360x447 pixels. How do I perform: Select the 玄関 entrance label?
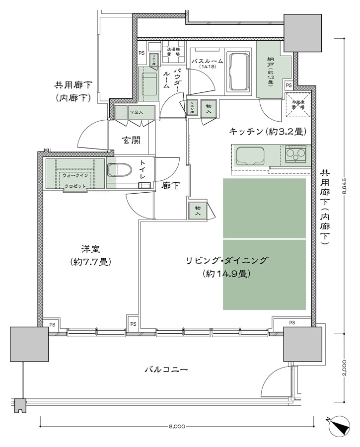click(x=131, y=141)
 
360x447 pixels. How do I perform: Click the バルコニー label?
click(x=166, y=370)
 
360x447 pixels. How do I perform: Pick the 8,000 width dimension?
click(x=177, y=427)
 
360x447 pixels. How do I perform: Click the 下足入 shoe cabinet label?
click(x=136, y=112)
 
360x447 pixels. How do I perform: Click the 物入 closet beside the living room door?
click(x=198, y=211)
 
